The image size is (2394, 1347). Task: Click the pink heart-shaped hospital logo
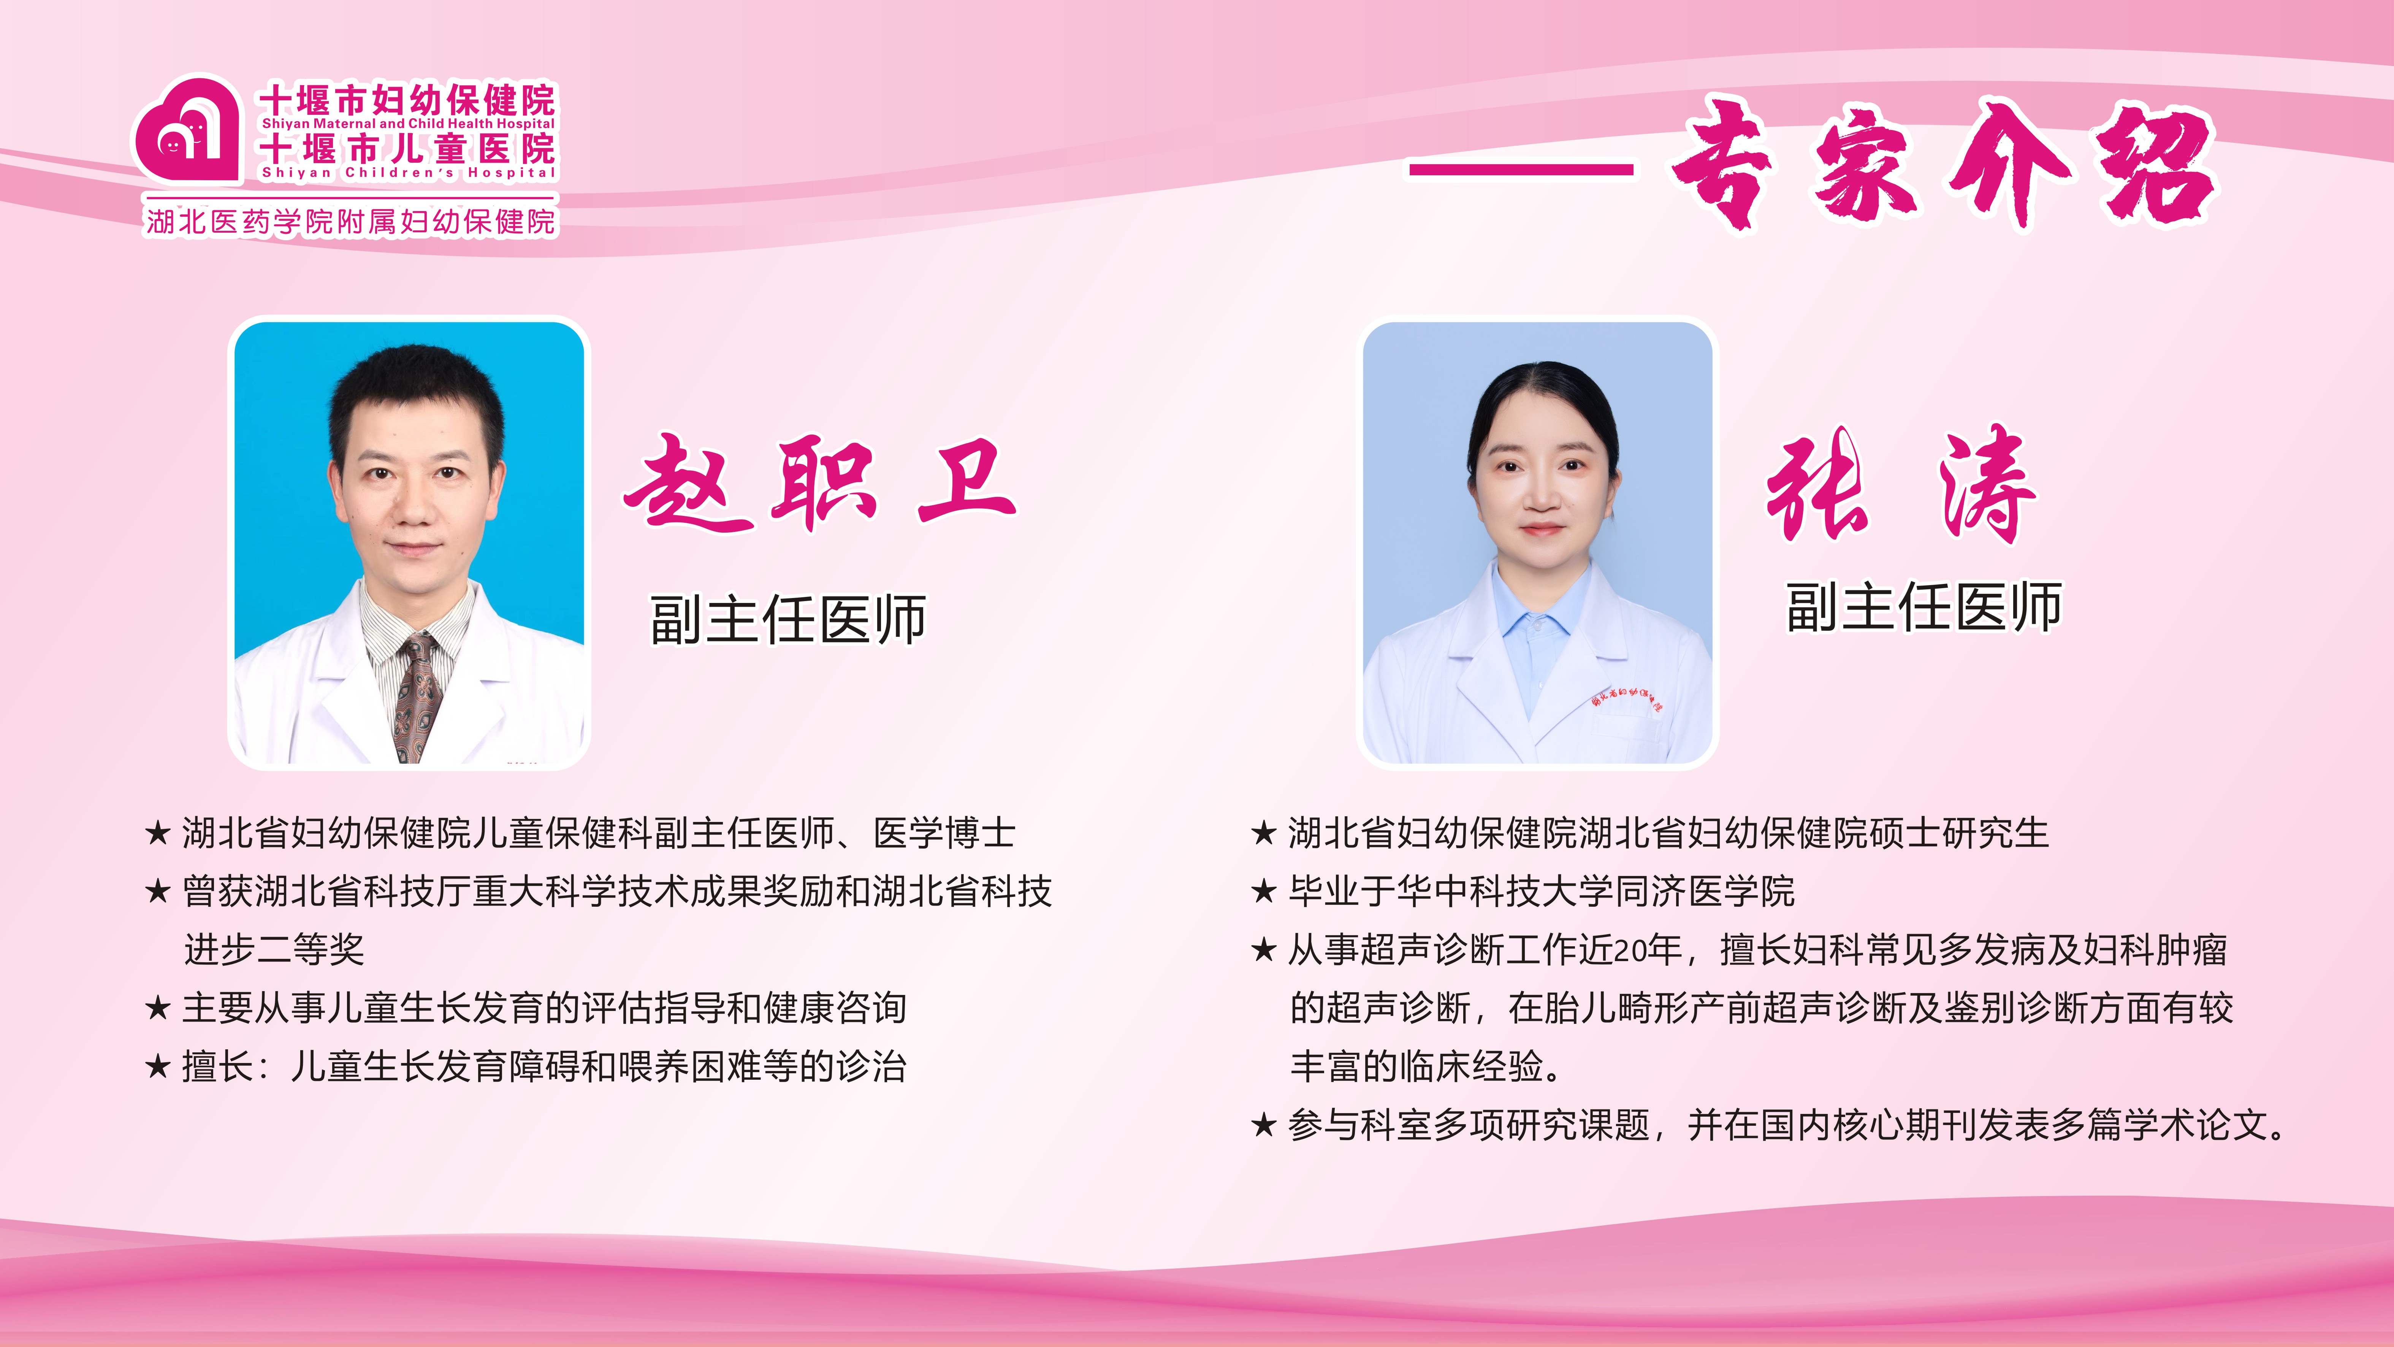(186, 127)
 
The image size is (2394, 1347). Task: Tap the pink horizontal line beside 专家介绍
(1521, 169)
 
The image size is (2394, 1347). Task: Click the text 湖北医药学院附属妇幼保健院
(351, 221)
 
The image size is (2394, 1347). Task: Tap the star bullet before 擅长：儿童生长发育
(158, 1066)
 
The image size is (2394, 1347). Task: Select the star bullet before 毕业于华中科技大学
(1264, 890)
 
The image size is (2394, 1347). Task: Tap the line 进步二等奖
(274, 949)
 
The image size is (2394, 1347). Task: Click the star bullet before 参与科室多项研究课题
(1264, 1125)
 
